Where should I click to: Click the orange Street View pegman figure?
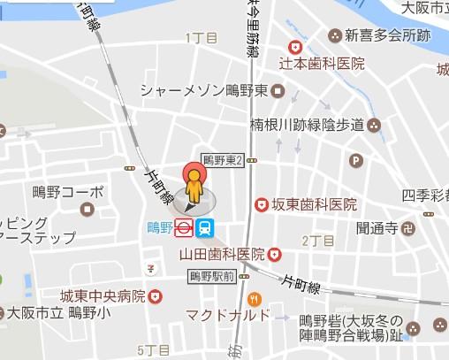pyautogui.click(x=194, y=188)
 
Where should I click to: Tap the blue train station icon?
pyautogui.click(x=205, y=227)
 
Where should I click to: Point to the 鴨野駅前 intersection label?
pyautogui.click(x=211, y=276)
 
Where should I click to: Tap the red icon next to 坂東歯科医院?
pyautogui.click(x=262, y=204)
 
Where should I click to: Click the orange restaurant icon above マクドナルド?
pyautogui.click(x=255, y=297)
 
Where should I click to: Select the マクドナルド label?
pyautogui.click(x=227, y=315)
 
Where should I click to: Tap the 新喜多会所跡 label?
pyautogui.click(x=387, y=35)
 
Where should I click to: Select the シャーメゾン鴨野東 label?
pyautogui.click(x=206, y=91)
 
